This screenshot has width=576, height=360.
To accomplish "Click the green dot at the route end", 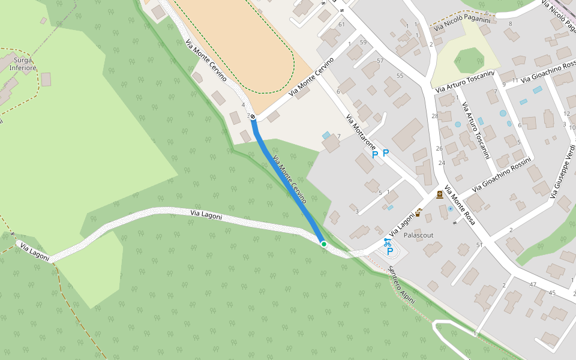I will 323,244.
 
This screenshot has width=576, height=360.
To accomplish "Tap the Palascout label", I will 418,235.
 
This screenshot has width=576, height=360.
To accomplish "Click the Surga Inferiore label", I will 23,64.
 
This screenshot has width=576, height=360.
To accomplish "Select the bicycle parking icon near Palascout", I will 388,242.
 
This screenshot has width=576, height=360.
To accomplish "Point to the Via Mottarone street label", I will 361,132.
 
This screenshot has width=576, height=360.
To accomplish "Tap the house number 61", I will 341,25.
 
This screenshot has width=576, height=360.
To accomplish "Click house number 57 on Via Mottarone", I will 380,61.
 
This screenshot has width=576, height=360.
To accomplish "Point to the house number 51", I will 479,245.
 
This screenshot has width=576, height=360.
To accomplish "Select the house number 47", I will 532,284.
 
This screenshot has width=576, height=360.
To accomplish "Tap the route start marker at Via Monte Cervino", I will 253,116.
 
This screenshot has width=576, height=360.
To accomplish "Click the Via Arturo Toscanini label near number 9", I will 465,82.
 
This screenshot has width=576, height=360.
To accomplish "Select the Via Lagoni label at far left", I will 34,251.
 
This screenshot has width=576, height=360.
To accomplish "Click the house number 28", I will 434,116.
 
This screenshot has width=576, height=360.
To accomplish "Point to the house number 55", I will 400,76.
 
